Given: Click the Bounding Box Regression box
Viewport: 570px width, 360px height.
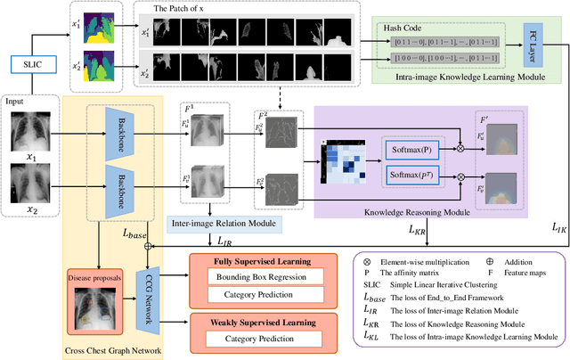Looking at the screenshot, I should (251, 279).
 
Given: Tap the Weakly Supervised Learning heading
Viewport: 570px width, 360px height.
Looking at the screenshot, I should (251, 319).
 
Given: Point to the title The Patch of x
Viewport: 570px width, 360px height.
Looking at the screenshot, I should (185, 8).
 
